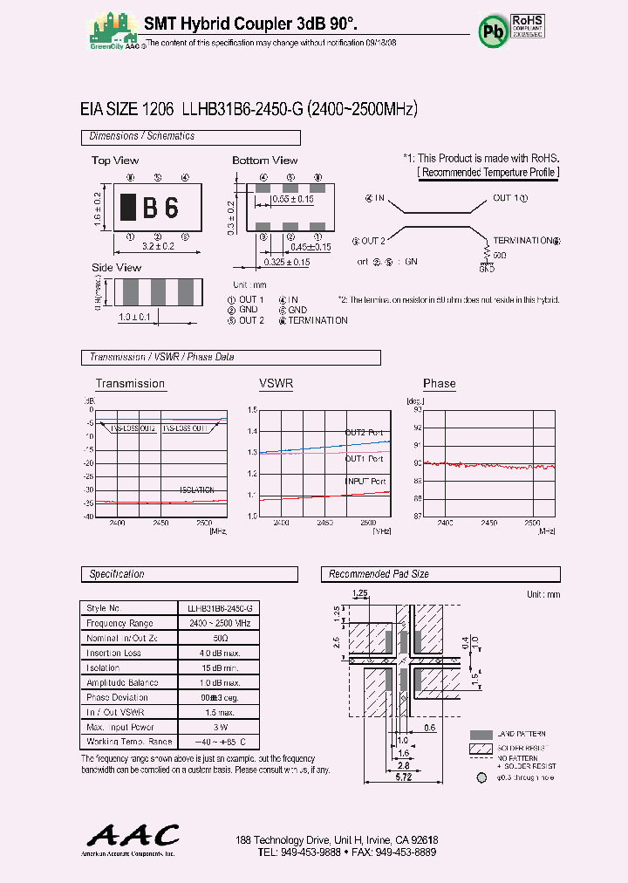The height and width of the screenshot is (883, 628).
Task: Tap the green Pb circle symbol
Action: tap(492, 30)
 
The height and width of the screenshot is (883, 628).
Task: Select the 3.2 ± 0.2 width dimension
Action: tap(158, 247)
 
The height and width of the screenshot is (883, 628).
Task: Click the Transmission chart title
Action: tap(130, 383)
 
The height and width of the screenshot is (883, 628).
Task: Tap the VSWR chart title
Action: tap(276, 383)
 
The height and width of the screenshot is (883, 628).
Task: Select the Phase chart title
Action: tap(440, 383)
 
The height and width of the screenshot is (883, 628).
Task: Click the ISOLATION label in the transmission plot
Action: tap(196, 490)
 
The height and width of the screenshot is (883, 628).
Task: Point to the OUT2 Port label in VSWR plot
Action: tap(364, 433)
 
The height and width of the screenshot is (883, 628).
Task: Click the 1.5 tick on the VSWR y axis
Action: tap(252, 409)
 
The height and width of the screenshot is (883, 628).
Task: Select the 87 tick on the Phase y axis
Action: tap(417, 516)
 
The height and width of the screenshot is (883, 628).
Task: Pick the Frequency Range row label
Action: tap(119, 623)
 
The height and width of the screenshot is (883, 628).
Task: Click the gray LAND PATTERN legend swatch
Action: tap(481, 735)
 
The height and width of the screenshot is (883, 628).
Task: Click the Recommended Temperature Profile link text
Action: tap(488, 172)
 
